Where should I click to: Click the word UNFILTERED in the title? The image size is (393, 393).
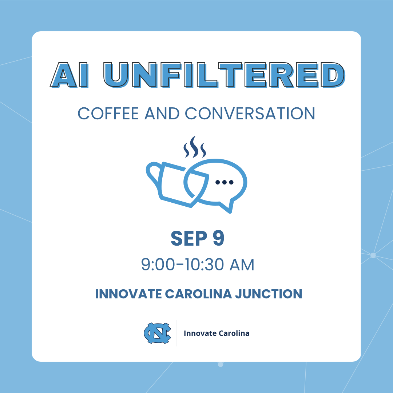224,75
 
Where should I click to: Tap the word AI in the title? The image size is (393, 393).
70,75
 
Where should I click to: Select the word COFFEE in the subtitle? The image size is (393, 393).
108,114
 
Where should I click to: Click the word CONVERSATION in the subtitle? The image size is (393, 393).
250,114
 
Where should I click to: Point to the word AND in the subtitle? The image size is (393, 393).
162,114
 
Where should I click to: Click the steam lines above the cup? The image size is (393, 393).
195,147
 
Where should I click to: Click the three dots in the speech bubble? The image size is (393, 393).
224,182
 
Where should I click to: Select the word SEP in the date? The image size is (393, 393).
189,238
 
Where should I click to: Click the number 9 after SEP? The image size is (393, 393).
218,238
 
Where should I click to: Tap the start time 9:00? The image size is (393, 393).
158,265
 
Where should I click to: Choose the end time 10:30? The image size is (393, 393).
204,265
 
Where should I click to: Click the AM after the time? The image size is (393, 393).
242,265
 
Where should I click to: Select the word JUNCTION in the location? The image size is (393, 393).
269,294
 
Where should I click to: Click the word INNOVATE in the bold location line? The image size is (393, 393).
128,294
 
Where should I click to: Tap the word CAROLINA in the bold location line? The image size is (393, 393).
198,294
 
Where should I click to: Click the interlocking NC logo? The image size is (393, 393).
158,333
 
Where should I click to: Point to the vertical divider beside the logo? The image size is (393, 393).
177,333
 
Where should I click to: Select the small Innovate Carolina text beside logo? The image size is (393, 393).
217,333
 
